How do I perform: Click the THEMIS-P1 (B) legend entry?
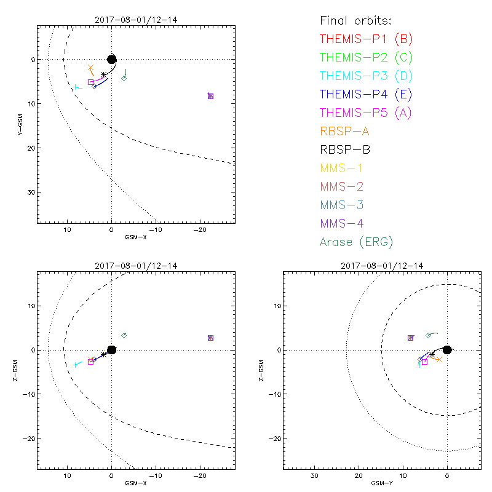(366, 39)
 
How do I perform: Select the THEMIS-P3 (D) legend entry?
(366, 76)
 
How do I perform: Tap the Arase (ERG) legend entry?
(356, 242)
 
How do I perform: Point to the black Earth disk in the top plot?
(111, 59)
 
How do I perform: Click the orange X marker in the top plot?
(91, 68)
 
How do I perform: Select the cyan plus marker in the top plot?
(76, 87)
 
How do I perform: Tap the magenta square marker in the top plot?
(91, 82)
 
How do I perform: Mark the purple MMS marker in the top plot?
(210, 96)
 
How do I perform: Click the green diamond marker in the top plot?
(124, 78)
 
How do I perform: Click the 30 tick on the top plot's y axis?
(30, 192)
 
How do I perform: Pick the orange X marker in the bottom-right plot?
(438, 359)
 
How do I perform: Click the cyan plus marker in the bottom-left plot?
(75, 365)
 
